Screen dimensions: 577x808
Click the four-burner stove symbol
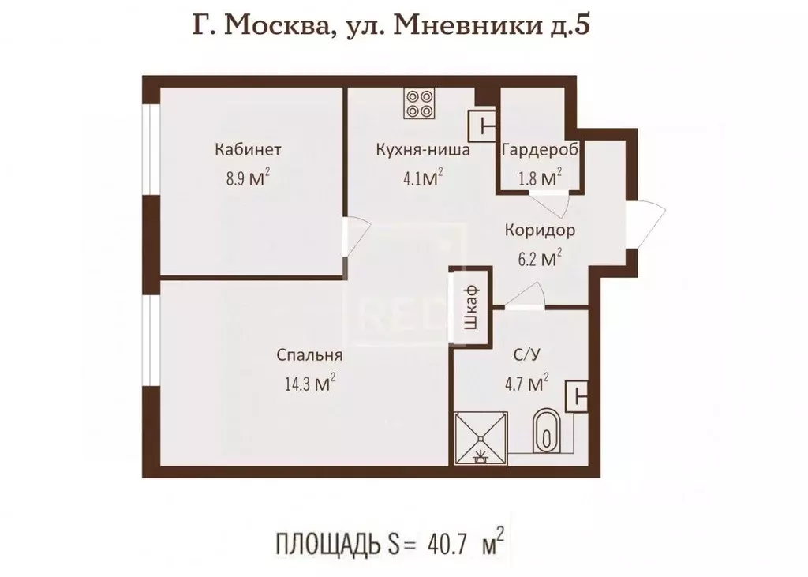(419, 103)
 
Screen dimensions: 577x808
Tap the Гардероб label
(540, 149)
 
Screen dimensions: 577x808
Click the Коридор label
(540, 231)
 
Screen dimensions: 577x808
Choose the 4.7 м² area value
(527, 384)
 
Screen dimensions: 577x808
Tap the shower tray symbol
(481, 436)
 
